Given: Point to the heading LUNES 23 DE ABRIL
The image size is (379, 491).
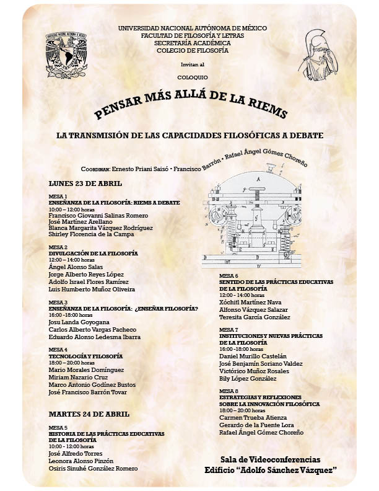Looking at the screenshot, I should pyautogui.click(x=85, y=184).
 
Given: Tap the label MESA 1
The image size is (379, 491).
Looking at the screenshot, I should pyautogui.click(x=58, y=196).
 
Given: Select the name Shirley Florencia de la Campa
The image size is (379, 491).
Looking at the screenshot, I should pyautogui.click(x=92, y=235).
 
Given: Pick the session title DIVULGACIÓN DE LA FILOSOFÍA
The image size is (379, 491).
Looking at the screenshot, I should pyautogui.click(x=93, y=254).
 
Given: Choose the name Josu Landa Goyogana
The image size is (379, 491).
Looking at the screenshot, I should pyautogui.click(x=79, y=322).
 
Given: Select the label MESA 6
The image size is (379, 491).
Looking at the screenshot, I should pyautogui.click(x=229, y=275).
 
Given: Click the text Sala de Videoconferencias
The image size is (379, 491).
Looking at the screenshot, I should pyautogui.click(x=270, y=459).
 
